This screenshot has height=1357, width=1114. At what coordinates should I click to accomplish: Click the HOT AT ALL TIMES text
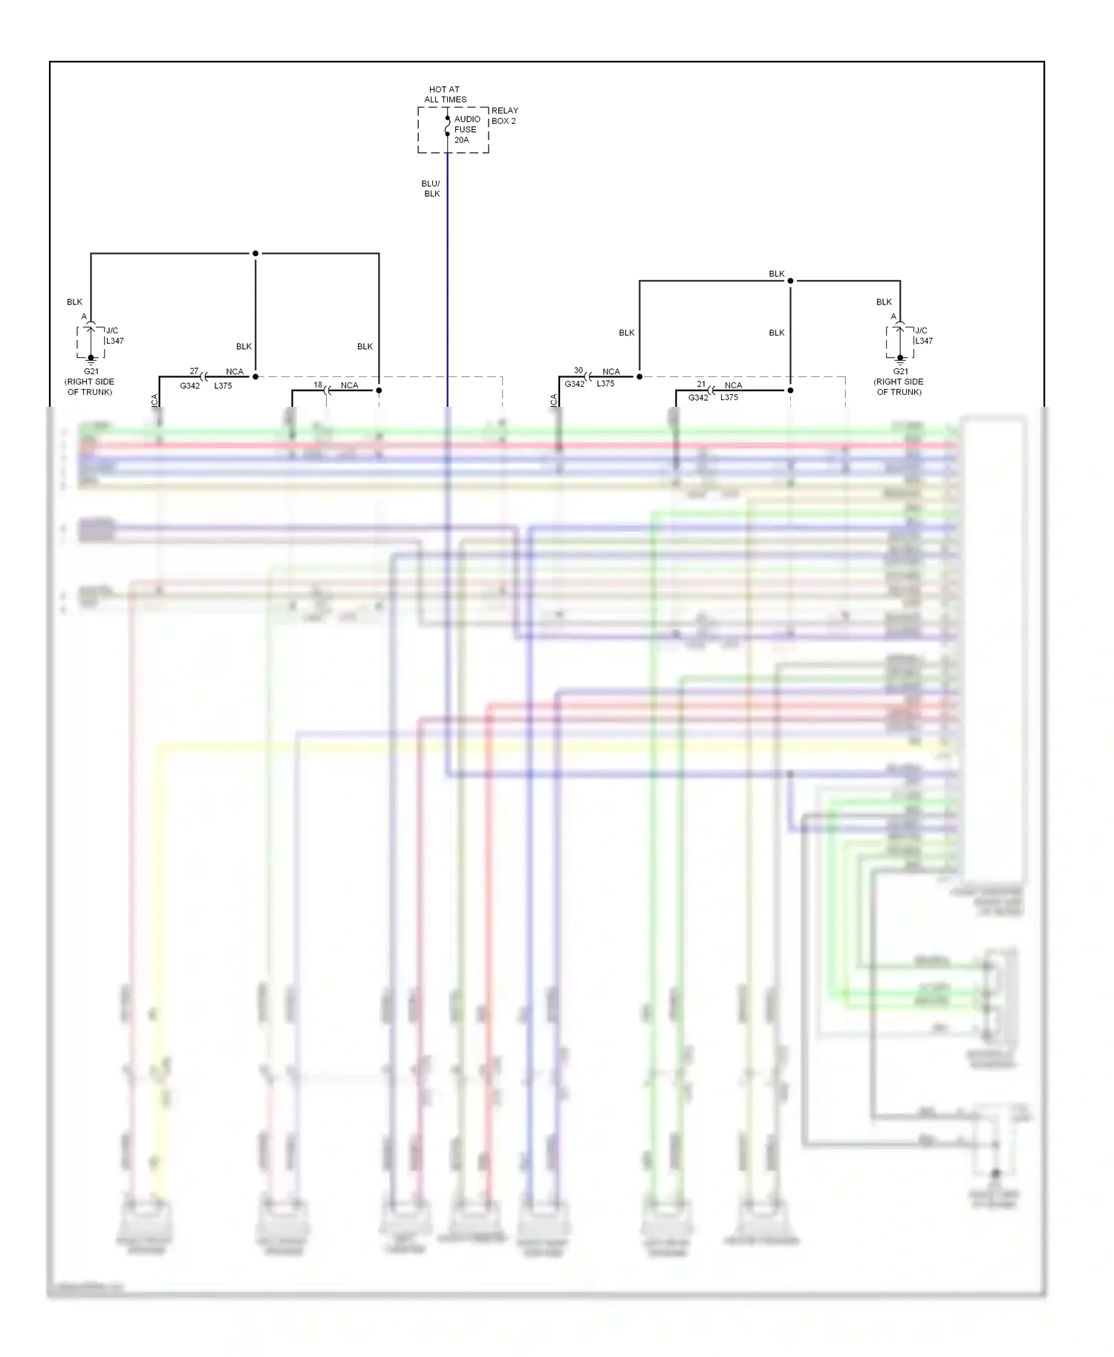pyautogui.click(x=445, y=94)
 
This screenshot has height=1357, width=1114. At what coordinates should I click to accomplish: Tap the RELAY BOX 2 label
pyautogui.click(x=504, y=116)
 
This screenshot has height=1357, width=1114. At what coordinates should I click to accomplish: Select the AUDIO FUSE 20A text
pyautogui.click(x=466, y=129)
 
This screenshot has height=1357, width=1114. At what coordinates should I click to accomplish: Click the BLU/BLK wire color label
pyautogui.click(x=431, y=189)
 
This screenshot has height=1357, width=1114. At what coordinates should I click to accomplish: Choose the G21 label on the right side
pyautogui.click(x=900, y=371)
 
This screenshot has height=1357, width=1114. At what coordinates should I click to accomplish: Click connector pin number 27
pyautogui.click(x=194, y=371)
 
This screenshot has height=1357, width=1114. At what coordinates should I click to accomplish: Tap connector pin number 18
pyautogui.click(x=318, y=385)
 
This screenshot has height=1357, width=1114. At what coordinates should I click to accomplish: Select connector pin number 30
pyautogui.click(x=579, y=370)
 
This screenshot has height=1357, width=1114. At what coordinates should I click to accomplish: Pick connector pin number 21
pyautogui.click(x=701, y=385)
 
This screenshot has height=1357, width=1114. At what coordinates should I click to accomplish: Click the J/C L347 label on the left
pyautogui.click(x=114, y=336)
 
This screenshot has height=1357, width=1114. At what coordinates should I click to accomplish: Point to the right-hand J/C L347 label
pyautogui.click(x=923, y=336)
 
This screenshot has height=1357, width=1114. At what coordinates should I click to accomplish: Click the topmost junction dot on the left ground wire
pyautogui.click(x=255, y=253)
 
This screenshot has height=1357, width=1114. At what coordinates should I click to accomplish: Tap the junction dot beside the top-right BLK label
pyautogui.click(x=790, y=281)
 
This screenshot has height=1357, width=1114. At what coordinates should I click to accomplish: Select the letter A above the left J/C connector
pyautogui.click(x=84, y=317)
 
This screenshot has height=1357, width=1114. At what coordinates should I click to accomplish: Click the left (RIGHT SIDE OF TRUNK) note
pyautogui.click(x=90, y=387)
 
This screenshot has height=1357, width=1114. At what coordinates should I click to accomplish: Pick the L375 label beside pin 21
pyautogui.click(x=729, y=397)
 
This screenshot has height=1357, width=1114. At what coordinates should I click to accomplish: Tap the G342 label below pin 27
pyautogui.click(x=190, y=386)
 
